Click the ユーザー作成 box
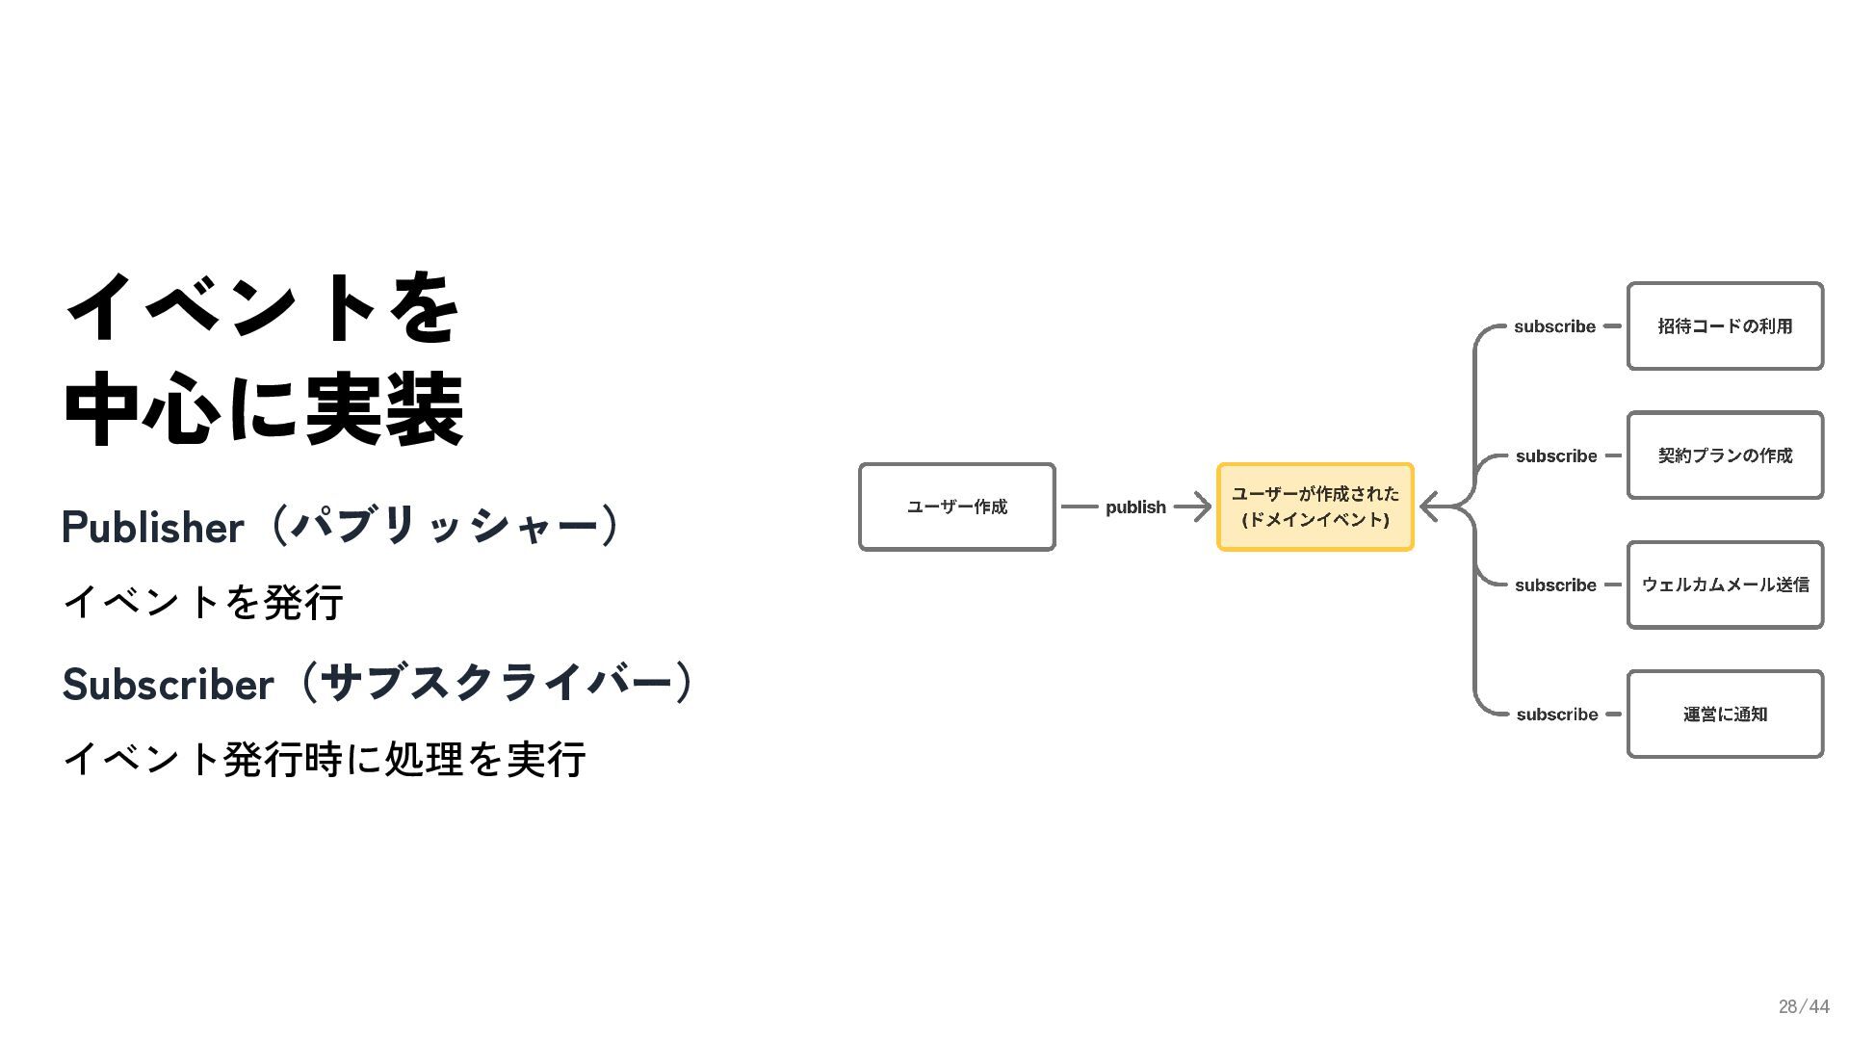point(956,507)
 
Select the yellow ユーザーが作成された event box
point(1315,507)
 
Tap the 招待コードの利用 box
point(1725,326)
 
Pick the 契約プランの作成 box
point(1725,455)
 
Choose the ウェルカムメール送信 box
point(1725,585)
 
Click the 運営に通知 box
point(1725,715)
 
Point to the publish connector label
point(1135,507)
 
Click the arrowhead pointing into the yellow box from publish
point(1201,507)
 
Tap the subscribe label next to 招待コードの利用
point(1554,326)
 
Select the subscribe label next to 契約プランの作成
point(1556,456)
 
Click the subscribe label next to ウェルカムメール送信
point(1555,585)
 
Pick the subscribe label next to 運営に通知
point(1556,715)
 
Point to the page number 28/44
point(1803,1006)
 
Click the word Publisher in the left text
point(153,528)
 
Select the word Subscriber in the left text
point(169,685)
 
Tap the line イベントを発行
point(203,603)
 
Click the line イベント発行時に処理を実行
point(325,760)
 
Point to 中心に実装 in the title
point(264,409)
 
